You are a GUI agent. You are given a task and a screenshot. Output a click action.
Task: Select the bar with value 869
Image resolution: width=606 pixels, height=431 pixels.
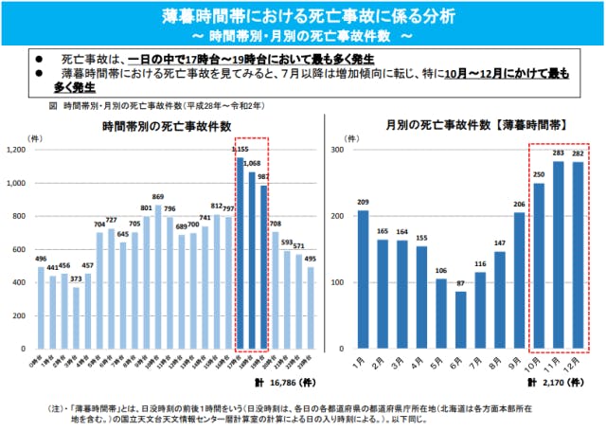[x=159, y=276]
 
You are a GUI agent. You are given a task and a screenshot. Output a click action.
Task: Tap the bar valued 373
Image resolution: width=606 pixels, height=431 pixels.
[x=77, y=316]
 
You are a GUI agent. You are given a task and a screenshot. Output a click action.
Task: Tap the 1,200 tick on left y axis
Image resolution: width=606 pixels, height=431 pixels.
[x=16, y=151]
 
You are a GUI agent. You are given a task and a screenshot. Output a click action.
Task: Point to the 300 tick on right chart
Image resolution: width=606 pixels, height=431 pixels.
[x=337, y=151]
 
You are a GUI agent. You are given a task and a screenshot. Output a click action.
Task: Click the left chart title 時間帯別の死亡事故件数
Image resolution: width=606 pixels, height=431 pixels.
[x=172, y=126]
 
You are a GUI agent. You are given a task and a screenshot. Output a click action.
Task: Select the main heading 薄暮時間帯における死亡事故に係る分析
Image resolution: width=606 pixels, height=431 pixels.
[x=303, y=17]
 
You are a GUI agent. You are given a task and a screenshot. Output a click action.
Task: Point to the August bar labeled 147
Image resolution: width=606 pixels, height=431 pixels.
[x=500, y=299]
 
